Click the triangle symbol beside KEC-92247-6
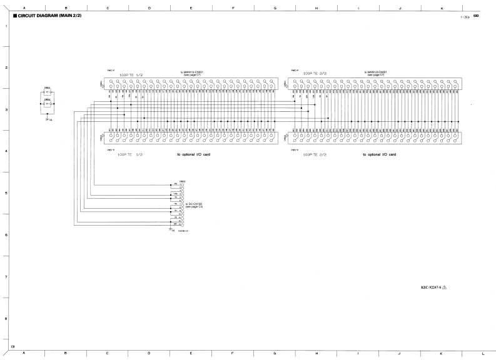point(445,287)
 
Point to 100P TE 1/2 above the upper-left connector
point(131,74)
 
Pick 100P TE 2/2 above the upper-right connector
point(315,74)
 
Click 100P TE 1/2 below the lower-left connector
point(131,154)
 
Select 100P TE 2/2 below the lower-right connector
point(315,154)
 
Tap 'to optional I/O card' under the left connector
point(194,154)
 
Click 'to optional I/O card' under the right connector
point(379,154)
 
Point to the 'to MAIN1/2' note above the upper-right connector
point(375,72)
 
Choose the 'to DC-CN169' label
point(193,204)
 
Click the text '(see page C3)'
point(193,207)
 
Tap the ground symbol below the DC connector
point(170,229)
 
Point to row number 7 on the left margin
point(6,277)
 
